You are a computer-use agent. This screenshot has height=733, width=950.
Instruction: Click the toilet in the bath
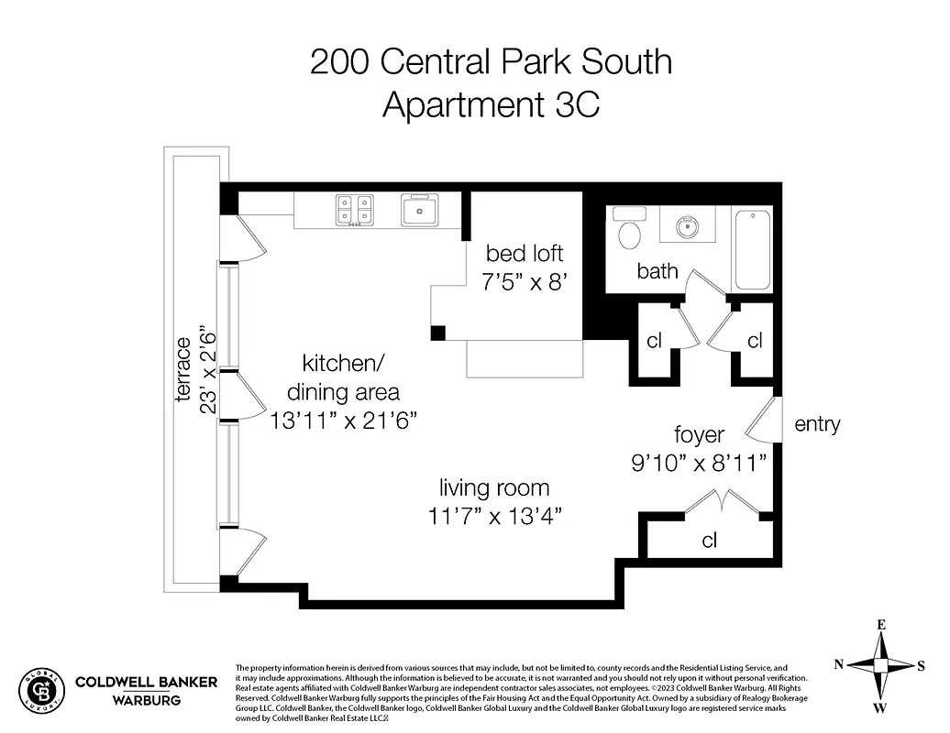click(629, 232)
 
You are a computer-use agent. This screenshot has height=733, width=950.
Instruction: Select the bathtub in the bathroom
click(752, 249)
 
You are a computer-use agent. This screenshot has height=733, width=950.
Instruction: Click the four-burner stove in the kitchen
click(354, 210)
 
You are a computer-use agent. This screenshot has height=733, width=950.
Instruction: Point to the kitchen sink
click(419, 210)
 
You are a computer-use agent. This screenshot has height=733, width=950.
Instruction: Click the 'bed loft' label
click(525, 253)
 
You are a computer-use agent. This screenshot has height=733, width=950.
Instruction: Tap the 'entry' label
click(817, 424)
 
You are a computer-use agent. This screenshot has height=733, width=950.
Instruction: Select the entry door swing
click(764, 421)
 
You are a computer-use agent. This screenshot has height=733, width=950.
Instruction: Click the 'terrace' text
click(184, 370)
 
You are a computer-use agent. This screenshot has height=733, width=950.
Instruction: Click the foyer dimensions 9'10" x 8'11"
click(700, 462)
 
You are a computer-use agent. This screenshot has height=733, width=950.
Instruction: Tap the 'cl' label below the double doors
click(709, 540)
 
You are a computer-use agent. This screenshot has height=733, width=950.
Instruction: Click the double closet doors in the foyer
click(724, 502)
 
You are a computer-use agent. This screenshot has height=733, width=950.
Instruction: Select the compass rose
click(879, 666)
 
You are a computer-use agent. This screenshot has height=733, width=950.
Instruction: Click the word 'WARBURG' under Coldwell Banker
click(146, 700)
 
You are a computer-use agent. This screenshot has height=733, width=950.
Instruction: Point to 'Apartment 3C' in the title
click(491, 104)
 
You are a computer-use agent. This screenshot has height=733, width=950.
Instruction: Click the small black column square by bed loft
click(438, 333)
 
